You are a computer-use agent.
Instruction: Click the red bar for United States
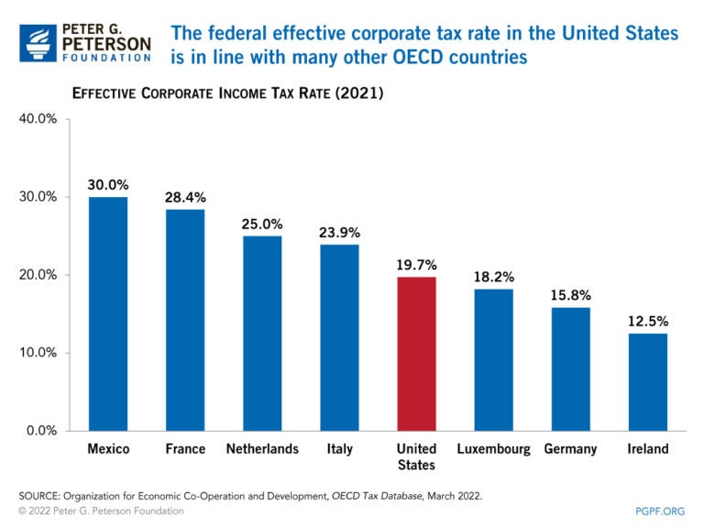pos(416,353)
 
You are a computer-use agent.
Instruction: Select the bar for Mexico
pos(108,313)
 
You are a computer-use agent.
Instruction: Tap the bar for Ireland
pos(648,381)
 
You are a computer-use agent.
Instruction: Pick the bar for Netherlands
pos(262,333)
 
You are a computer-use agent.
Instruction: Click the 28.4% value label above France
pos(185,197)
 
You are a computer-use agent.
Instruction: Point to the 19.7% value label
pos(416,265)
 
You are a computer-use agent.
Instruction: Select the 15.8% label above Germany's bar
pos(570,295)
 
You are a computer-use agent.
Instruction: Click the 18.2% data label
pos(493,277)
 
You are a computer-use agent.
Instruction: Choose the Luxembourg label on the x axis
pos(493,449)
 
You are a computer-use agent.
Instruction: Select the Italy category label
pos(339,449)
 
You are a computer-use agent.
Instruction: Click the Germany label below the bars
pos(570,449)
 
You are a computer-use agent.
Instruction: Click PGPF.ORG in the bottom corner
pos(660,511)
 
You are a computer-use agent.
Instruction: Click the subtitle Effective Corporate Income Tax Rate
pos(227,94)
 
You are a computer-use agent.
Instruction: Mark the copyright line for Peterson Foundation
pos(101,511)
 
